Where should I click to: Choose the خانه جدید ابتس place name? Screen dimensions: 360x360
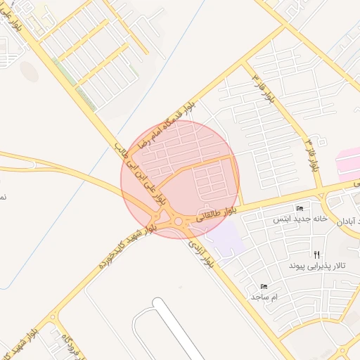coord(301,219)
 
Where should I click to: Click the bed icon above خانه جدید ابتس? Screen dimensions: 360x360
coord(300,208)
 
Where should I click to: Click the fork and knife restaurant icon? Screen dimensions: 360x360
coord(317,255)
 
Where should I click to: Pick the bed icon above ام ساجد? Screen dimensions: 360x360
coord(264,286)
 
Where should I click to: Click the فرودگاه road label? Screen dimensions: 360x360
coord(71,340)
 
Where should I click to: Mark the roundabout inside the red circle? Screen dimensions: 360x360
coord(178,222)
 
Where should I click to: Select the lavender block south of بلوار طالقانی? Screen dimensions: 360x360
coord(226,237)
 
